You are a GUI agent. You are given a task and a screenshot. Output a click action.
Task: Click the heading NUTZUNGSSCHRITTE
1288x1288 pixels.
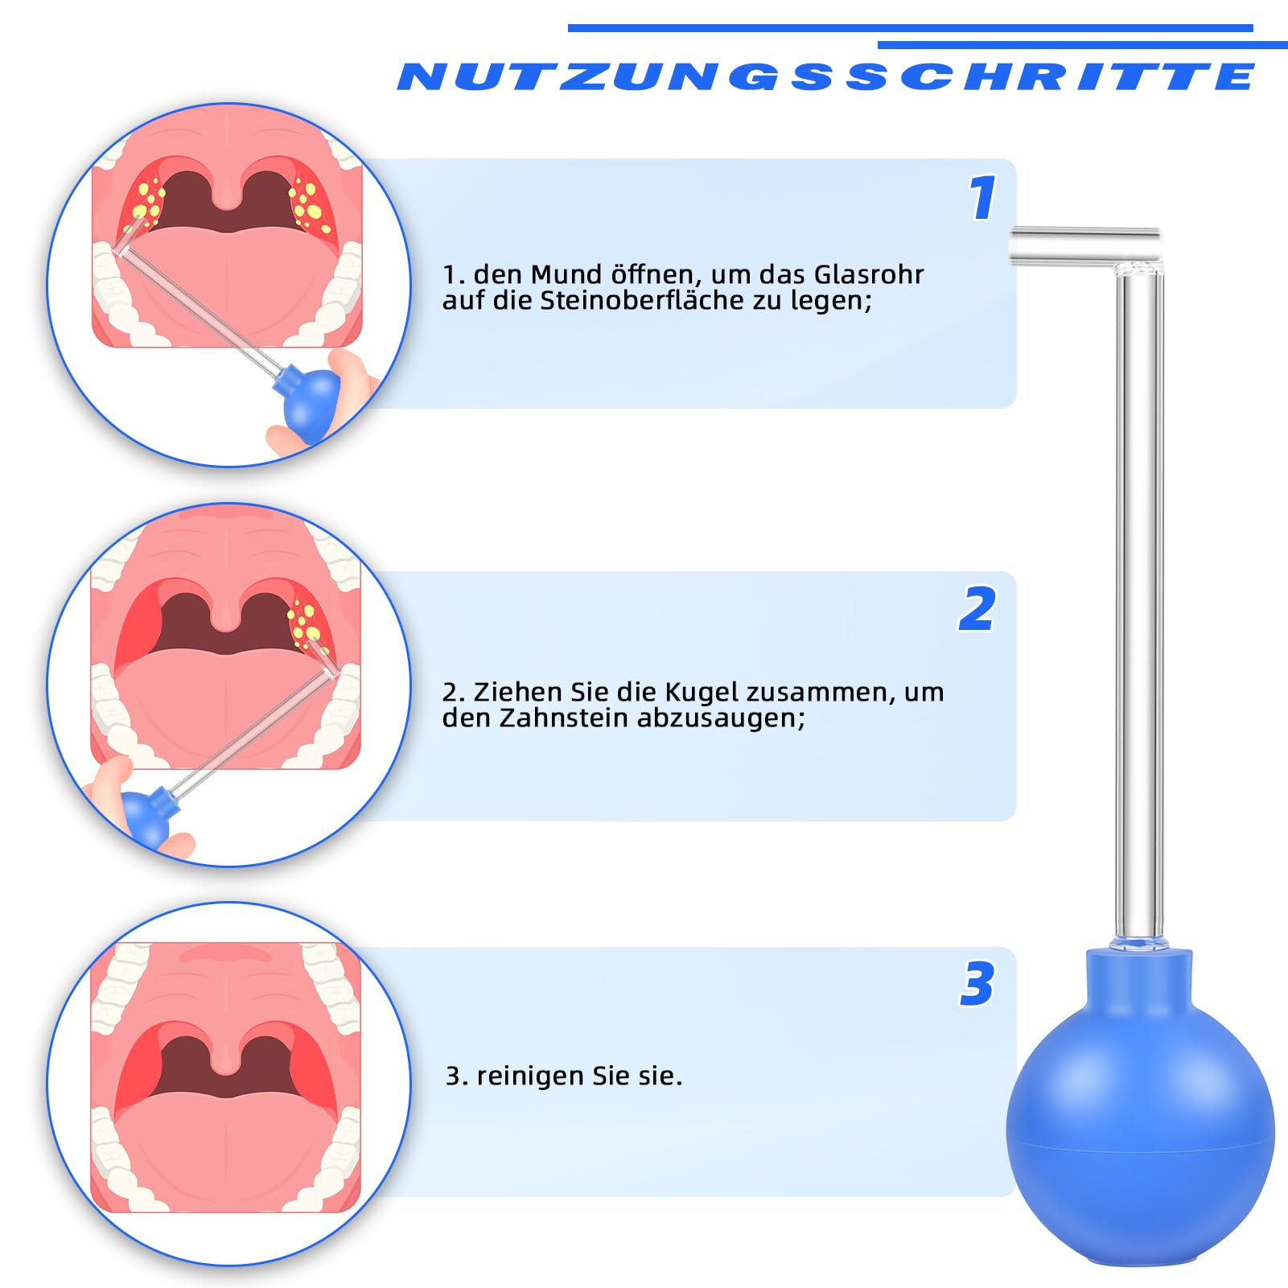click(x=826, y=76)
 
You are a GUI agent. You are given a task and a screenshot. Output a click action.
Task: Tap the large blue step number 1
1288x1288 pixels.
click(x=982, y=198)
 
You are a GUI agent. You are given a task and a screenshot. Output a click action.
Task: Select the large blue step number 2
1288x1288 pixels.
click(x=977, y=609)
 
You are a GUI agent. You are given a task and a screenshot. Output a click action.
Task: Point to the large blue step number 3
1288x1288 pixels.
click(x=977, y=983)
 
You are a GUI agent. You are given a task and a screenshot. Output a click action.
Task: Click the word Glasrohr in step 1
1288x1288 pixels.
click(x=869, y=274)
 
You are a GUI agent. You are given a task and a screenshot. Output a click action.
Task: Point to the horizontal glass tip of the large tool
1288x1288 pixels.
click(x=1084, y=246)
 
